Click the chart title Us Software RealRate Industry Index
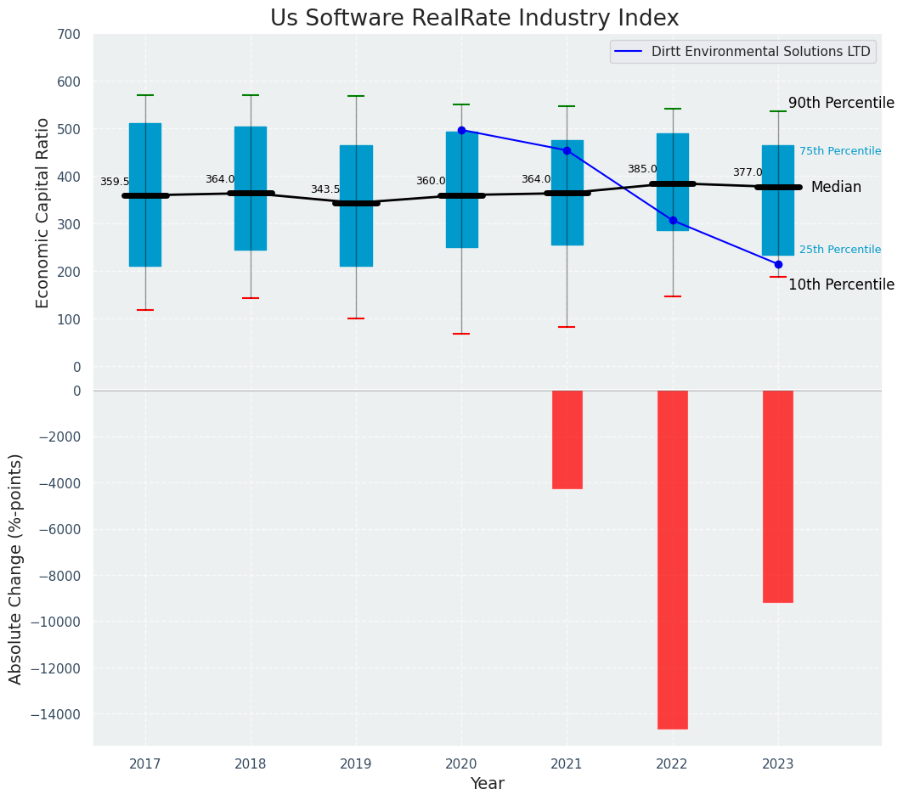[x=474, y=19]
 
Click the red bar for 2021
[x=567, y=439]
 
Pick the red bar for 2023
[x=777, y=496]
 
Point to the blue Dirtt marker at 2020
[x=461, y=130]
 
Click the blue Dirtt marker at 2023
[x=778, y=264]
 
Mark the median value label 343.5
[x=325, y=190]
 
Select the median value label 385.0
[x=641, y=170]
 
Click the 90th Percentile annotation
[x=840, y=104]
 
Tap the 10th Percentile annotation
[x=840, y=285]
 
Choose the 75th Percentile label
[x=839, y=151]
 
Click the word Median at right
[x=836, y=188]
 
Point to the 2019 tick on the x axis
[x=356, y=764]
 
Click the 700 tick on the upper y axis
[x=70, y=35]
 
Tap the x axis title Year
[x=487, y=784]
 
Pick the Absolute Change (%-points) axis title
[x=16, y=568]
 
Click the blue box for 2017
[x=145, y=194]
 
